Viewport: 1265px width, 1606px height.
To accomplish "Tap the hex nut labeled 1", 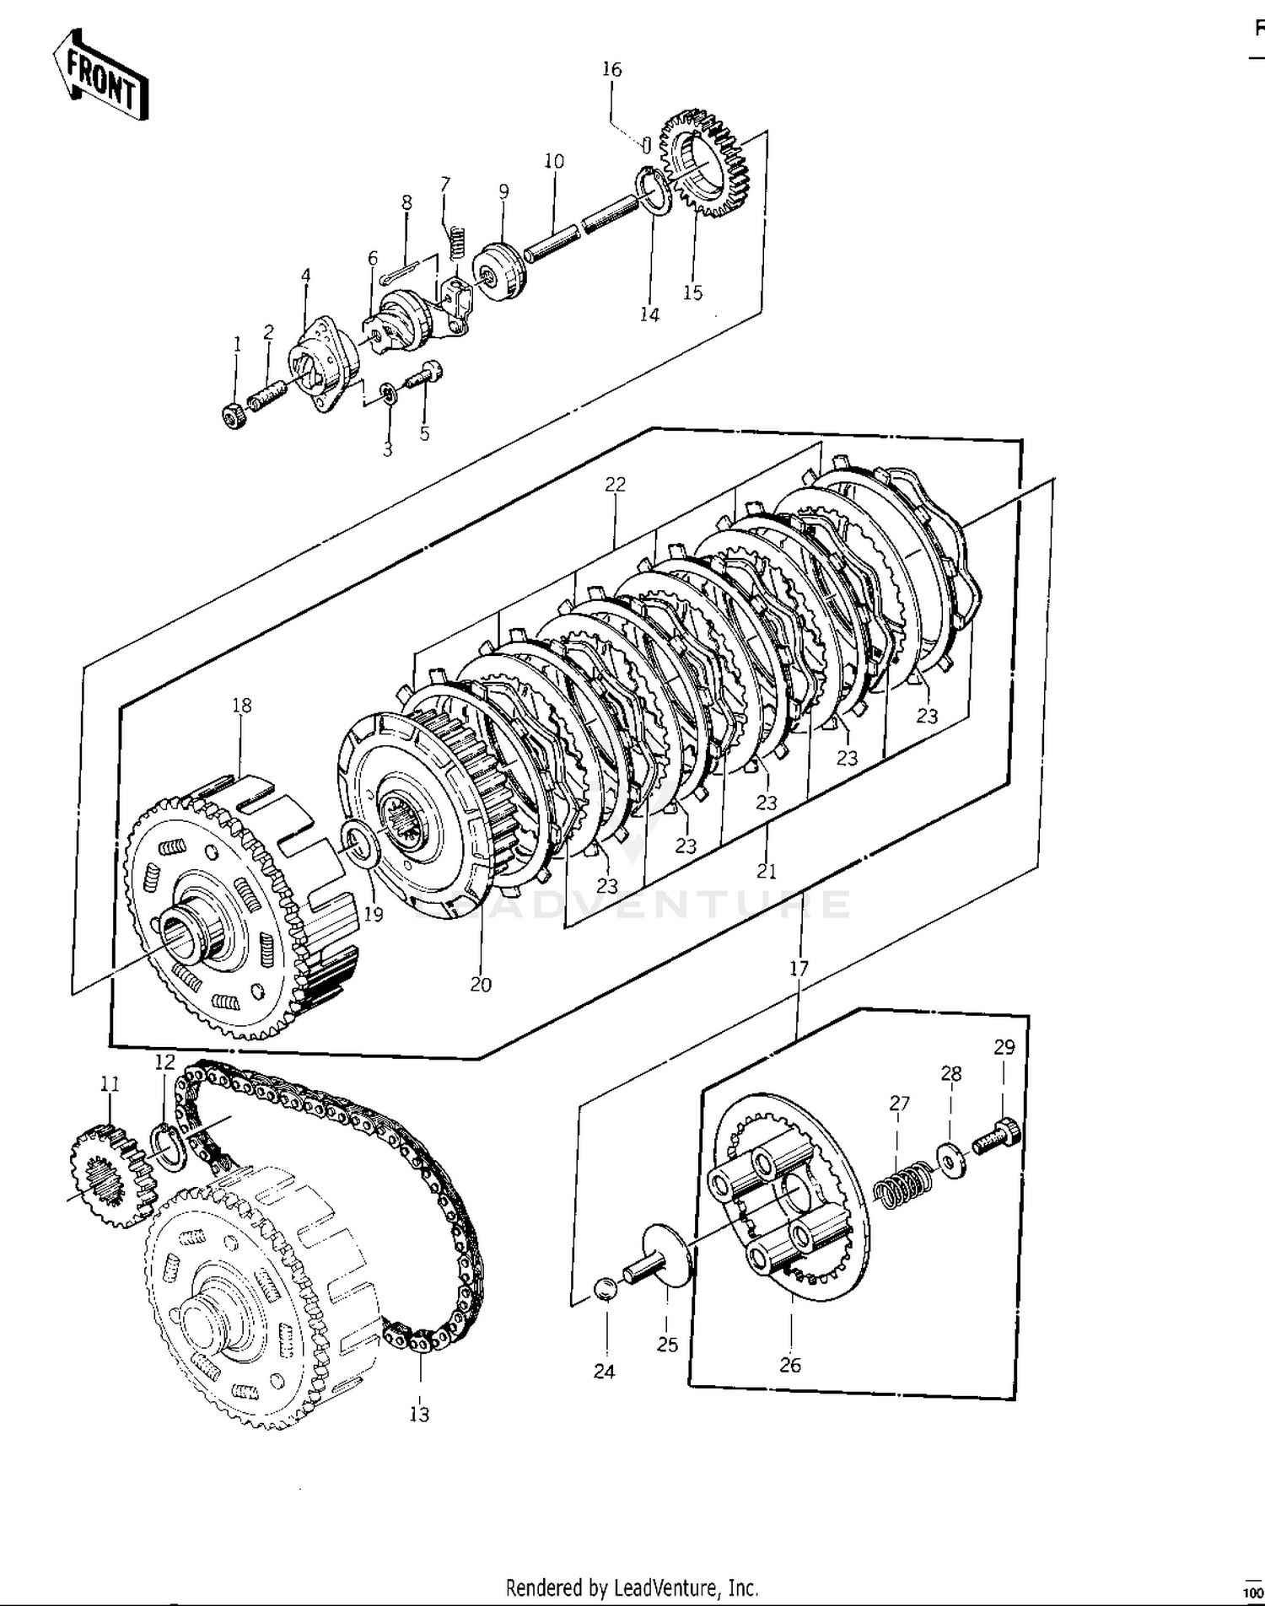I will [233, 415].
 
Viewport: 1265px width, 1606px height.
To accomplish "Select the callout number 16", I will [611, 69].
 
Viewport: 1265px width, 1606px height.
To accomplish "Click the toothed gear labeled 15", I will [704, 164].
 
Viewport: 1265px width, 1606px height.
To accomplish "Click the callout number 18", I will [242, 705].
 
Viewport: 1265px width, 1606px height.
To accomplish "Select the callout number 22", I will [615, 484].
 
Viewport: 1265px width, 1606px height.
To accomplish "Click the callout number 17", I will [799, 969].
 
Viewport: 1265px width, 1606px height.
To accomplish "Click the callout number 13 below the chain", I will [419, 1414].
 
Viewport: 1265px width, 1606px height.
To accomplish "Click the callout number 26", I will [790, 1365].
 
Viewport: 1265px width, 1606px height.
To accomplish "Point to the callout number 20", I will [481, 984].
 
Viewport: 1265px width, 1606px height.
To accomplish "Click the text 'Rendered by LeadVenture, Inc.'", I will [632, 1587].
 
